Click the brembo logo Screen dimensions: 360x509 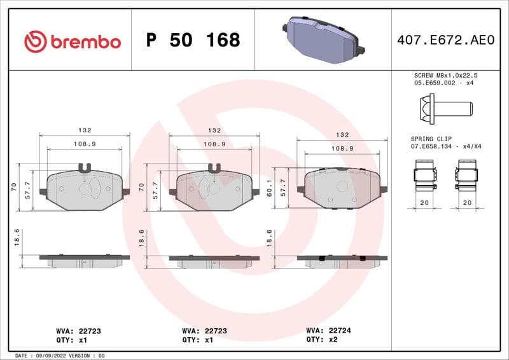pos(72,41)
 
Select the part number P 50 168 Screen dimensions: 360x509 pos(193,41)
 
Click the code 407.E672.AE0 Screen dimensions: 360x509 pos(445,41)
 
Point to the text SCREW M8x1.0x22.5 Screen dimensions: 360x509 pos(445,75)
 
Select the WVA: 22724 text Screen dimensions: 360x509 pos(328,331)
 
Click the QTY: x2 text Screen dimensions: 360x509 pos(323,340)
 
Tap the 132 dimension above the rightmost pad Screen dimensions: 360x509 pos(342,135)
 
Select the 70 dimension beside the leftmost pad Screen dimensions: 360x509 pos(14,187)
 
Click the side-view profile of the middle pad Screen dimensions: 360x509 pos(214,261)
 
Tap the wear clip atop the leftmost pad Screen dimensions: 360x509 pos(85,169)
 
